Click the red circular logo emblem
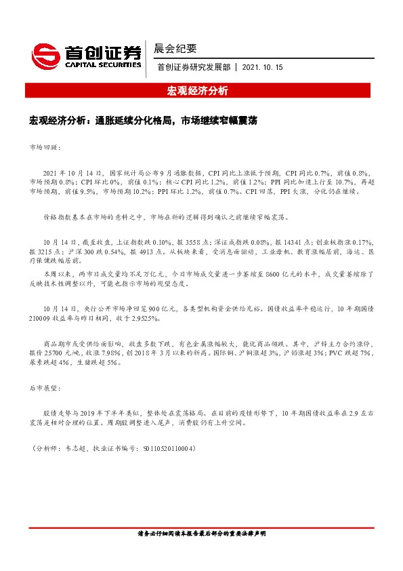pos(45,54)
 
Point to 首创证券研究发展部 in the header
pos(194,67)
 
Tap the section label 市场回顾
pos(45,146)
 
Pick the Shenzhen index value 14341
pos(288,241)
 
